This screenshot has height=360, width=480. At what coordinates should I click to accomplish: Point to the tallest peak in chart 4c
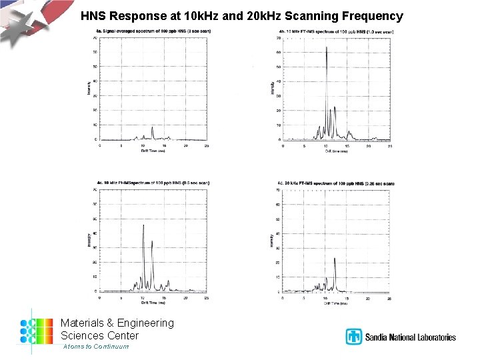pyautogui.click(x=143, y=227)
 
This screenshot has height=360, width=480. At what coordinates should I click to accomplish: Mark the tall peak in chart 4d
pyautogui.click(x=335, y=259)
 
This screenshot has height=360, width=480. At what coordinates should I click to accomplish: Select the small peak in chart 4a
pyautogui.click(x=153, y=128)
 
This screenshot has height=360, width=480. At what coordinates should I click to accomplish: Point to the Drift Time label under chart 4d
pyautogui.click(x=336, y=303)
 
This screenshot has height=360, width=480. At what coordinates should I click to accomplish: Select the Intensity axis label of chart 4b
pyautogui.click(x=272, y=87)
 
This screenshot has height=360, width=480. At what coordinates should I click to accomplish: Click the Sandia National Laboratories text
pyautogui.click(x=410, y=337)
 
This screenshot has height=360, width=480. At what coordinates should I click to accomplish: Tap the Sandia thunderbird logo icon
pyautogui.click(x=353, y=337)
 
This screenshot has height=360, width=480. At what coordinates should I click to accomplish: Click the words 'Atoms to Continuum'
pyautogui.click(x=96, y=347)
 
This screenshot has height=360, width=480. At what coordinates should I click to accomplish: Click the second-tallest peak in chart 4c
pyautogui.click(x=152, y=242)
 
